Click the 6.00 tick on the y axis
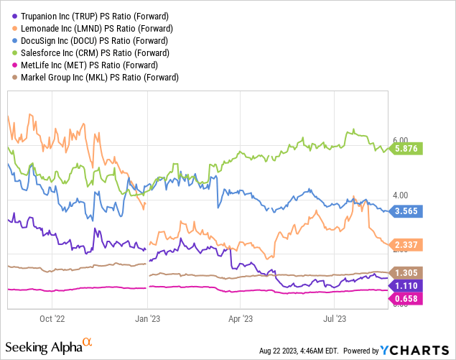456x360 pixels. [x=400, y=141]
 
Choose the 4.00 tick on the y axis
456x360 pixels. [x=400, y=195]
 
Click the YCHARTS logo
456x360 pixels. [x=414, y=350]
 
